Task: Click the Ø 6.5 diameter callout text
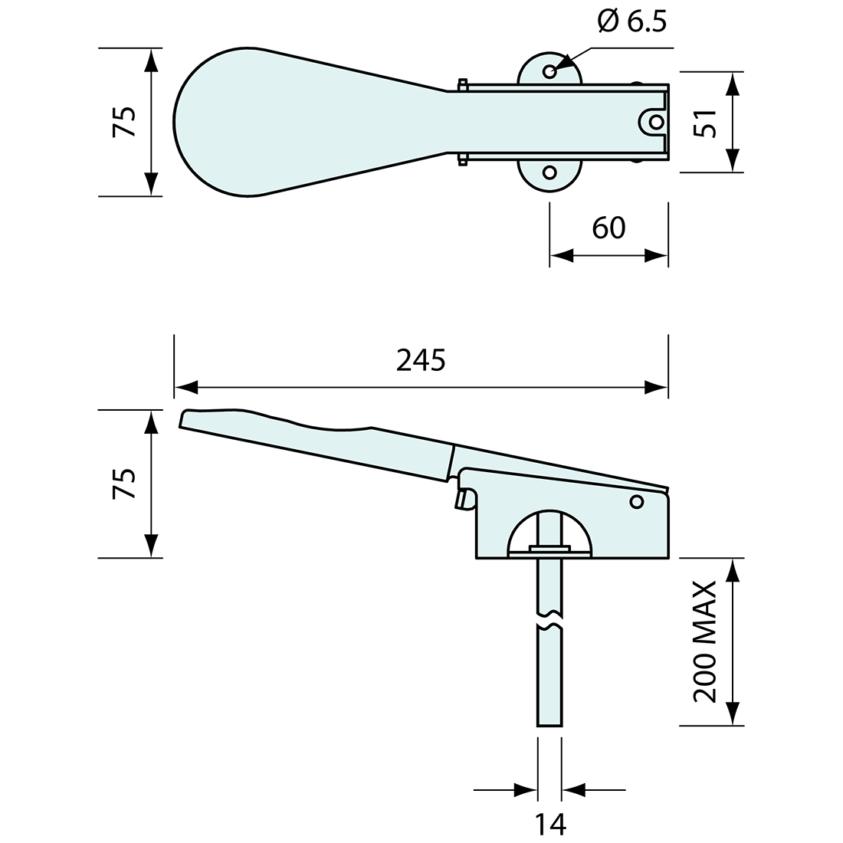[631, 21]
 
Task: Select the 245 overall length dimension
[421, 360]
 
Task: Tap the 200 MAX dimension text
[704, 641]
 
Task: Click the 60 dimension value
[608, 228]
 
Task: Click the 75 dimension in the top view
[125, 122]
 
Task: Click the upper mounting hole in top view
[549, 71]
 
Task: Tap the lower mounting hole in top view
[549, 172]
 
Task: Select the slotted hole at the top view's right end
[654, 122]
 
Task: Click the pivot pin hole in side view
[635, 502]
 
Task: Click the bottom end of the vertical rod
[549, 723]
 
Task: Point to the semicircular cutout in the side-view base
[549, 533]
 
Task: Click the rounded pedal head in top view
[222, 122]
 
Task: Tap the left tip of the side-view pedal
[182, 418]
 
